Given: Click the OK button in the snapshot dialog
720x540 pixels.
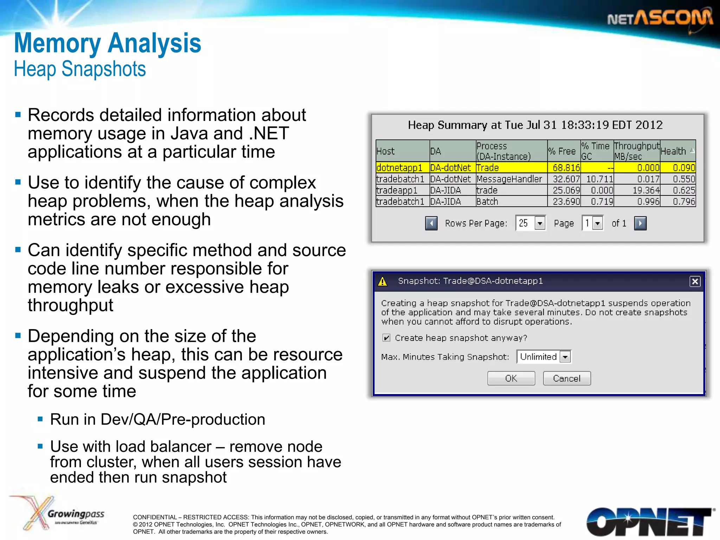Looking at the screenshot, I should point(511,378).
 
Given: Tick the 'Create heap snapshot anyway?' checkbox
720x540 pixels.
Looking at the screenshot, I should point(386,338).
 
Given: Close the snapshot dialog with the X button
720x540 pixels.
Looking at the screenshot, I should point(695,281).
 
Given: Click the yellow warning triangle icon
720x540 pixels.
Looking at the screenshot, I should point(382,282).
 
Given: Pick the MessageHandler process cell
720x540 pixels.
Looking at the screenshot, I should point(509,179).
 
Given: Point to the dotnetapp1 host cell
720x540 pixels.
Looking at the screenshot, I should point(399,168).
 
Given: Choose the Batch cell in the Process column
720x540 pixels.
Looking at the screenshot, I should point(487,201).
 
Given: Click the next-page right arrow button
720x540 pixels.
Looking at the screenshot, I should point(640,223).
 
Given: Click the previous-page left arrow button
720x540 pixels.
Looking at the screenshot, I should point(431,223).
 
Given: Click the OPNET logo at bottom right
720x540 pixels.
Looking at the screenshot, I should point(649,522).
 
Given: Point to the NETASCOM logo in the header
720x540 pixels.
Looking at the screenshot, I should point(660,18).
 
